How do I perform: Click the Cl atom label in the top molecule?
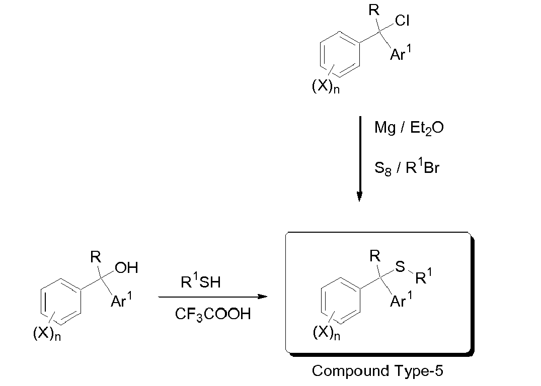402,21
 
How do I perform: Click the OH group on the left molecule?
126,268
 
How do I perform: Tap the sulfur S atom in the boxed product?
400,266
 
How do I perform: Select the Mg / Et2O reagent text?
409,128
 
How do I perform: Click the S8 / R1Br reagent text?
407,168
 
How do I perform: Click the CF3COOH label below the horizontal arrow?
213,314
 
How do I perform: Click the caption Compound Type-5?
377,371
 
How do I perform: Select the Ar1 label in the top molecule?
401,53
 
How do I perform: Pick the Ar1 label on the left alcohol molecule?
121,300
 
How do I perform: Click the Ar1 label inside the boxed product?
401,300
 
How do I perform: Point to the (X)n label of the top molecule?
326,86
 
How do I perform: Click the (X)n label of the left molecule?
47,333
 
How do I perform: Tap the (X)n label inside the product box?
327,333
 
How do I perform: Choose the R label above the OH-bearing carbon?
96,257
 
